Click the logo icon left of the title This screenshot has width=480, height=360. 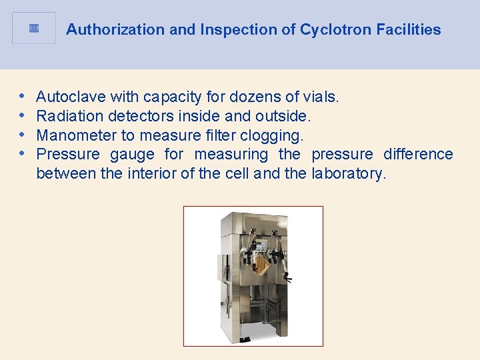34,29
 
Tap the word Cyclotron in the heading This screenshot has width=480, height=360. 333,29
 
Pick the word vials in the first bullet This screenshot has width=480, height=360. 323,97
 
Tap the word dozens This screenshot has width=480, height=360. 265,97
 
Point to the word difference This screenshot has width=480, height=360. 418,155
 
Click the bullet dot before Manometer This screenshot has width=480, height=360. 23,135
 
